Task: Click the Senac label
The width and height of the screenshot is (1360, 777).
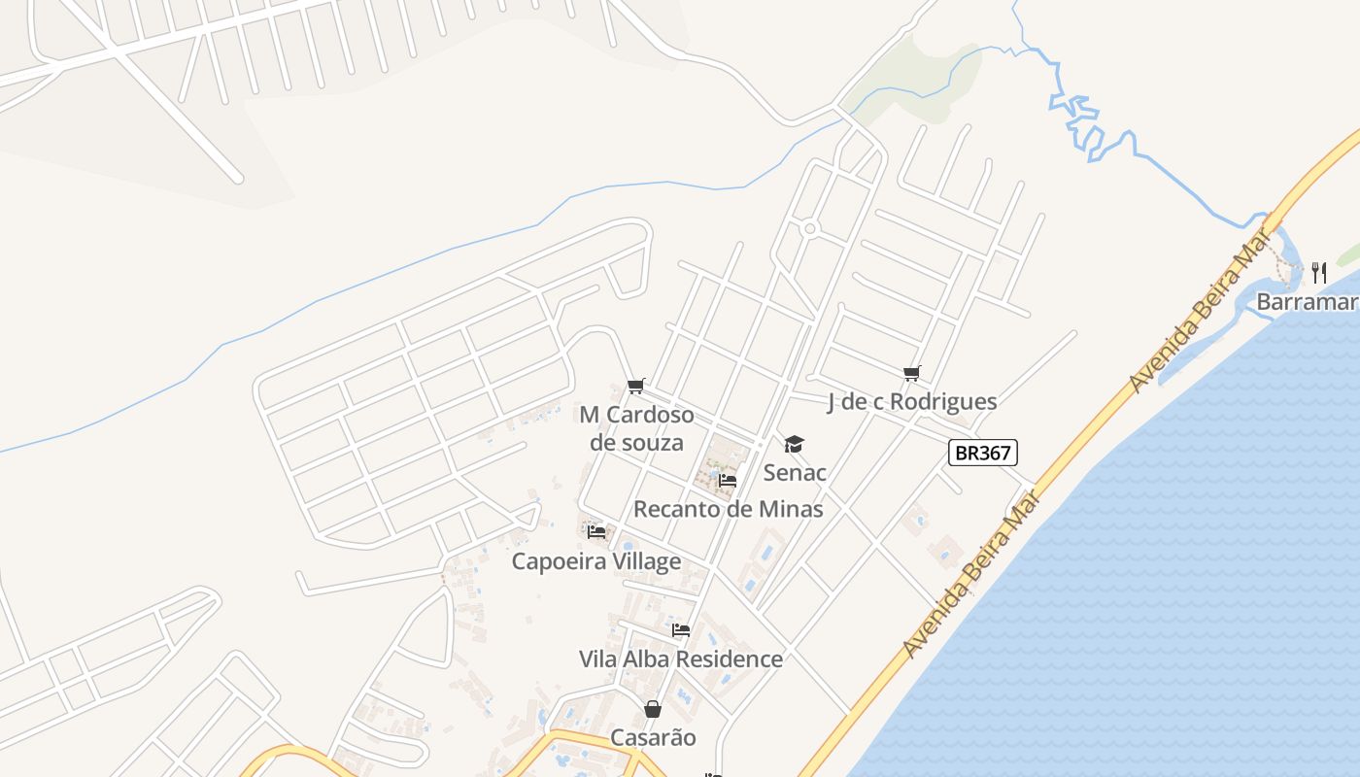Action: [x=795, y=473]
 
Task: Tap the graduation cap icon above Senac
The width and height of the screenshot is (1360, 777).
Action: [x=795, y=445]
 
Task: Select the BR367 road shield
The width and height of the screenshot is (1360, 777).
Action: [x=983, y=453]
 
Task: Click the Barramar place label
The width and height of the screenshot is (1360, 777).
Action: [x=1307, y=302]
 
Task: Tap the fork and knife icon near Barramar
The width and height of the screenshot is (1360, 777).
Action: [x=1318, y=272]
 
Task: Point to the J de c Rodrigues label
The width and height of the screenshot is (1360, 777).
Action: [x=911, y=402]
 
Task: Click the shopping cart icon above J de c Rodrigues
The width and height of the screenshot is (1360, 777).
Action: [x=911, y=373]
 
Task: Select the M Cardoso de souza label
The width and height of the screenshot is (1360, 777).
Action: [x=636, y=428]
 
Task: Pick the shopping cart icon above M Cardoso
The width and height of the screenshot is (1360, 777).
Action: [x=636, y=387]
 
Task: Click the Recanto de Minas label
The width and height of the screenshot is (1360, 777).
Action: [x=728, y=509]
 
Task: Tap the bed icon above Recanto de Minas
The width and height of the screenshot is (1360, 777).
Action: [x=727, y=480]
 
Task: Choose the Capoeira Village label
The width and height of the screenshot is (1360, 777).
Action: [x=596, y=561]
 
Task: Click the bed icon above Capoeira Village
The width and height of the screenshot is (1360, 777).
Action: [x=596, y=531]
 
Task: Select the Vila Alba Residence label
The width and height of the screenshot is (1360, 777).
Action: [x=680, y=659]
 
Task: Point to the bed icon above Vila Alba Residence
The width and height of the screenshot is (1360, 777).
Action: [x=680, y=629]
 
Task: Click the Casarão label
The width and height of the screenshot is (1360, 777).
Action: [x=653, y=737]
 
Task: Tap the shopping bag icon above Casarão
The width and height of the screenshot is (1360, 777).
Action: [x=653, y=709]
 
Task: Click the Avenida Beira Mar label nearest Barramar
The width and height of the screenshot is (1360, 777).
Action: [x=1202, y=309]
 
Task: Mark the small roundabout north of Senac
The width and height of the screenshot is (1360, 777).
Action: [x=809, y=229]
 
